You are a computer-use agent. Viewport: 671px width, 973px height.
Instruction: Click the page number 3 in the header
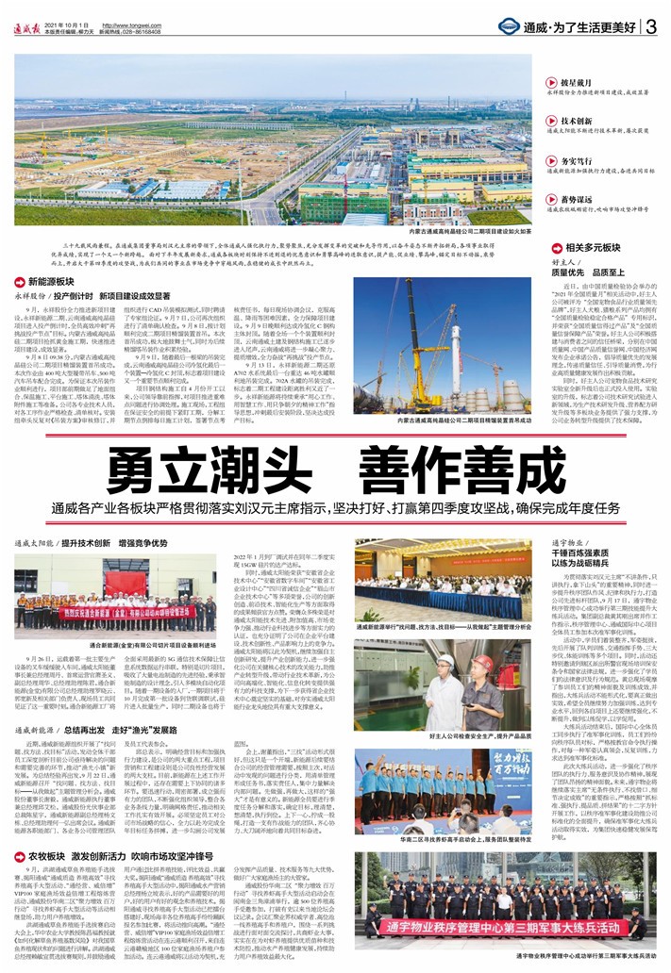[651, 26]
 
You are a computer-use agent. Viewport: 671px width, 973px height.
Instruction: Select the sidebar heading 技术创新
[578, 122]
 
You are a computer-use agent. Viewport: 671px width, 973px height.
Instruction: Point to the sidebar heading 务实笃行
[578, 161]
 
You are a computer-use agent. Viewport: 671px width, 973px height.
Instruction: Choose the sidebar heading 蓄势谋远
[578, 199]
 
